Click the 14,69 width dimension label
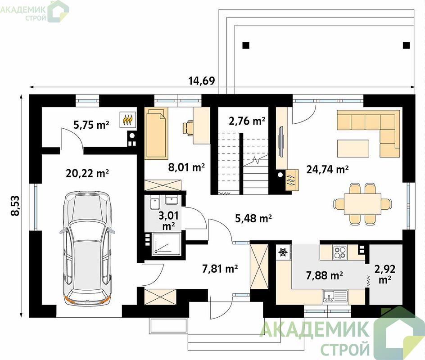click(x=202, y=81)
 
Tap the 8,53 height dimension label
click(x=15, y=205)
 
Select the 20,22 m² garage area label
click(x=87, y=173)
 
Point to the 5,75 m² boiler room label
click(x=91, y=125)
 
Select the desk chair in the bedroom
click(x=188, y=127)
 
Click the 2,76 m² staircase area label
click(x=247, y=121)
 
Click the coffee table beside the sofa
click(x=353, y=148)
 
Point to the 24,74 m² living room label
click(x=327, y=170)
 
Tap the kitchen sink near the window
click(x=335, y=296)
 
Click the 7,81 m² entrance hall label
click(x=220, y=269)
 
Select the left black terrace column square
click(x=246, y=45)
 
